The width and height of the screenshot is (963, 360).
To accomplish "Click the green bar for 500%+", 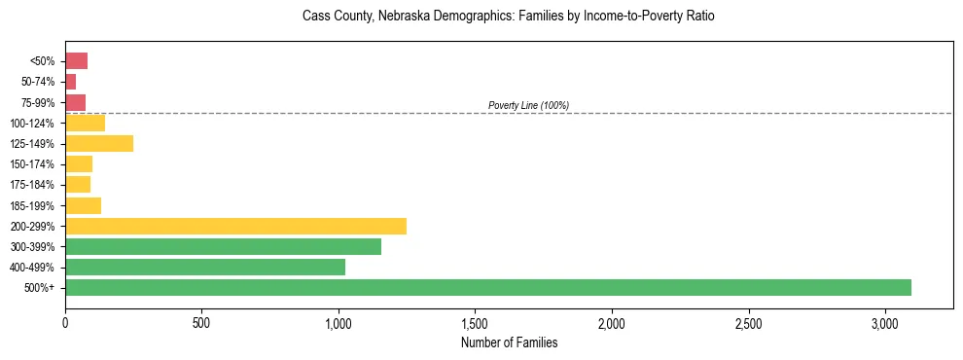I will pos(488,288).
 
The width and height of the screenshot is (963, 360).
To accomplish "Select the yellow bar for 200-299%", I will pos(235,227).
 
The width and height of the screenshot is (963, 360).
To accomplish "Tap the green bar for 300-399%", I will pos(223,247).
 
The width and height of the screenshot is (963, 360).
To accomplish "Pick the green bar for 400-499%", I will pos(205,268).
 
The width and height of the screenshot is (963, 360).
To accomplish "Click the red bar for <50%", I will pos(76,61).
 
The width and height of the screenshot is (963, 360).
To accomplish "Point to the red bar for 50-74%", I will pos(70,82).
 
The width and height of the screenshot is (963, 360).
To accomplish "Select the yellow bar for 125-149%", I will pos(99,144).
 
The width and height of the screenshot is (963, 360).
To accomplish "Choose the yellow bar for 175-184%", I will pos(78,185).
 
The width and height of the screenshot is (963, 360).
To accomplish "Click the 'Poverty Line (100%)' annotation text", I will pos(528,105).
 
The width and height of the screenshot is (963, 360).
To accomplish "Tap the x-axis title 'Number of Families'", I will pos(509,342).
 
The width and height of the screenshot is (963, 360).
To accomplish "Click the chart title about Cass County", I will pos(509,17).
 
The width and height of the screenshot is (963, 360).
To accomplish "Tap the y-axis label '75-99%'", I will pos(36,103).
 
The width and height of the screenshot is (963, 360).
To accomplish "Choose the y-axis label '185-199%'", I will pos(33,206).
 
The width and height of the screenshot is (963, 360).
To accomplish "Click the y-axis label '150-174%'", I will pos(33,164).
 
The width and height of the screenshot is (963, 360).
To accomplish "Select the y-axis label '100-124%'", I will pos(33,124).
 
